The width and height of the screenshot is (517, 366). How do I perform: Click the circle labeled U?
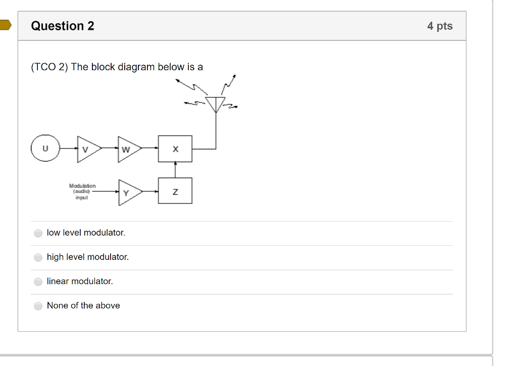point(45,149)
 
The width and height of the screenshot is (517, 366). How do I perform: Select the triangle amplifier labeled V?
point(87,149)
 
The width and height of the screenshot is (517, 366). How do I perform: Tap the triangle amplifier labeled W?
point(128,149)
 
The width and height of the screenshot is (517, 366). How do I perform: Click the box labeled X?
point(175,149)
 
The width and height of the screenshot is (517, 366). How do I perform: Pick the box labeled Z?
point(175,191)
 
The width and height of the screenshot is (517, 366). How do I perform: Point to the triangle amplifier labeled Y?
point(128,192)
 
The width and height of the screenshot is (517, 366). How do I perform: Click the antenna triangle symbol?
point(216,104)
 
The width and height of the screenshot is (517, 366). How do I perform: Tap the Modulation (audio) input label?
point(82,192)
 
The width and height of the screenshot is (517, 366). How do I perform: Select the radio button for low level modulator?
point(38,233)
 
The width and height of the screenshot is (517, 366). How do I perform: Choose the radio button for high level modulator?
point(38,257)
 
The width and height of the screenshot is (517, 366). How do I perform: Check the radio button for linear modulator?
point(38,282)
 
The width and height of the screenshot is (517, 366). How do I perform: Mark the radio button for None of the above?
point(38,306)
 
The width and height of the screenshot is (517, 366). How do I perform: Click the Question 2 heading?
point(63,26)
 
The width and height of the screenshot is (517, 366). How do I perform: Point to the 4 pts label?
point(440,26)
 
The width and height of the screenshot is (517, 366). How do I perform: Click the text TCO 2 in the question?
point(49,67)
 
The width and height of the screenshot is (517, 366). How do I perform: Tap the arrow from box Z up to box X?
point(175,170)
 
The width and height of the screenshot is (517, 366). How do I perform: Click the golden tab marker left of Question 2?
point(5,26)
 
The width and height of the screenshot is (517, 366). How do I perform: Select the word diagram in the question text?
point(136,67)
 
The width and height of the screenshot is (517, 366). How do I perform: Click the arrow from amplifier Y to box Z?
point(150,191)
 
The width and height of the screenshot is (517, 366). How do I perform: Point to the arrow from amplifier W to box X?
point(150,148)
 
